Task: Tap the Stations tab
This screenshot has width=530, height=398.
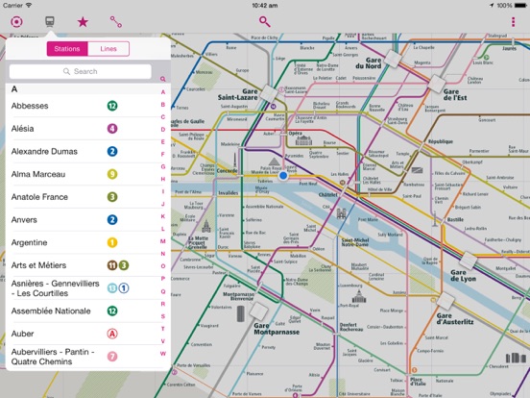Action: [67, 49]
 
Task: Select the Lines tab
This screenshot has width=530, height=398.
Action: [108, 49]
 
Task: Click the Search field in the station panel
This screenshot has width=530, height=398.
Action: [84, 71]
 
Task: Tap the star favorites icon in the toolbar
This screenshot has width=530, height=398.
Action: [83, 20]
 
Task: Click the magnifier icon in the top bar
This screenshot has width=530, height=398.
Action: [264, 20]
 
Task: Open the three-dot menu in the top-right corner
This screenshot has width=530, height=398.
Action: [514, 20]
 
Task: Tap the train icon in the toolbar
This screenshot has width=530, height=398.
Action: [49, 20]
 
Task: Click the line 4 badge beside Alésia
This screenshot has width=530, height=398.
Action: [112, 128]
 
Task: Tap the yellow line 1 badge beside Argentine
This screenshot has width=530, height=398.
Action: [112, 243]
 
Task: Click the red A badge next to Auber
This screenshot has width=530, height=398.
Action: [112, 335]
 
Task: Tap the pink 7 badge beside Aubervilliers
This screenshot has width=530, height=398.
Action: [112, 357]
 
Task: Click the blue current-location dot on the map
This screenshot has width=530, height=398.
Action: [283, 176]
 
